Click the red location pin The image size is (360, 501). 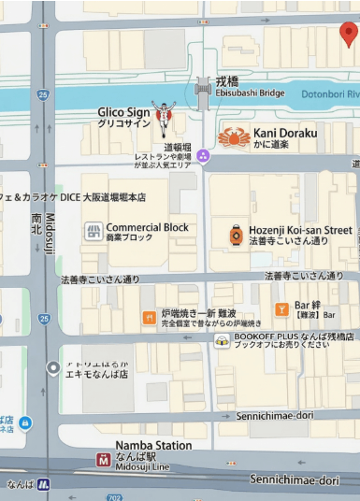348,35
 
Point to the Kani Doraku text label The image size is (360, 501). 284,134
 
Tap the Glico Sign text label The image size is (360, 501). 123,117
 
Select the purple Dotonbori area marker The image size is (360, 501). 203,155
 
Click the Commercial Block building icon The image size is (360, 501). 93,231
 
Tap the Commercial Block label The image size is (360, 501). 147,232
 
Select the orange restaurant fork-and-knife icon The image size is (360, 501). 148,318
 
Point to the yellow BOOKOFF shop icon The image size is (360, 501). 222,340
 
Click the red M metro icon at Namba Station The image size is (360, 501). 103,459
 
